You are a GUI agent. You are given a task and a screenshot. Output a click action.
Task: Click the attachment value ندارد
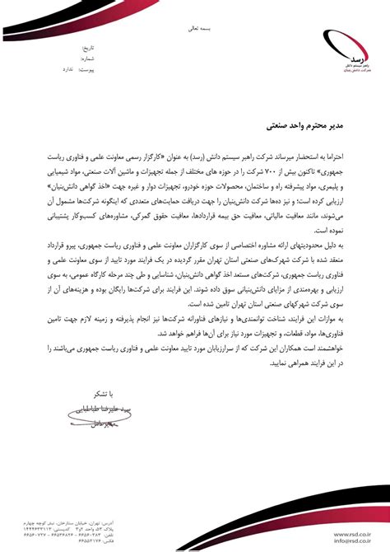71,70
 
